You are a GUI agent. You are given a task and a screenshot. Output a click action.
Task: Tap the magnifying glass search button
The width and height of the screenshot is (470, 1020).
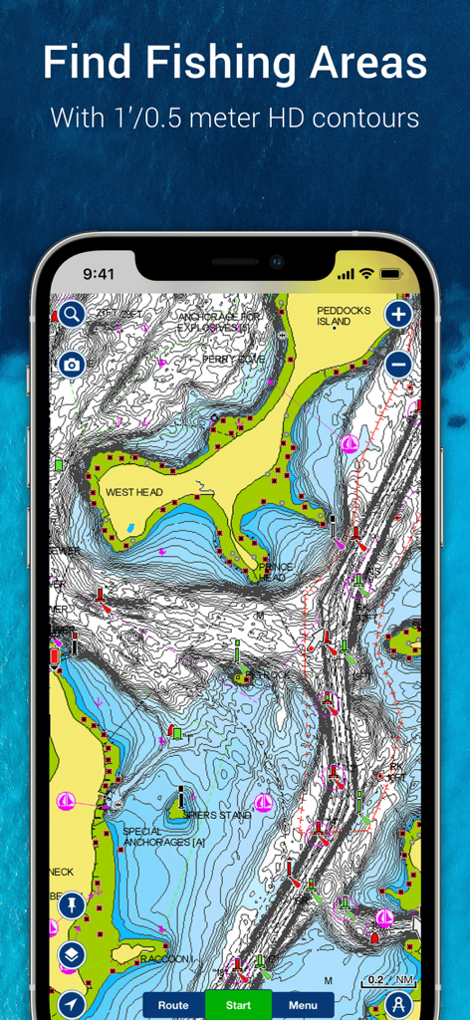click(x=71, y=315)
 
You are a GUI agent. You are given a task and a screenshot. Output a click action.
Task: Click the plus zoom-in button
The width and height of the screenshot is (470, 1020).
click(x=398, y=315)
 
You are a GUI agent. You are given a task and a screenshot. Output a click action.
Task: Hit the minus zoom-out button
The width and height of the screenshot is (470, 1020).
click(x=398, y=364)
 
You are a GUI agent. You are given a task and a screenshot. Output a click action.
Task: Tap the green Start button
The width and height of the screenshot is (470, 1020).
click(x=238, y=1004)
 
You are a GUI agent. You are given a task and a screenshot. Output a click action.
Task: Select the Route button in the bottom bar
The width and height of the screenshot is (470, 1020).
click(x=173, y=1004)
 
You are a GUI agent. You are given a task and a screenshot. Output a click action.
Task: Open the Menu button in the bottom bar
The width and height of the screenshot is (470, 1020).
click(x=303, y=1004)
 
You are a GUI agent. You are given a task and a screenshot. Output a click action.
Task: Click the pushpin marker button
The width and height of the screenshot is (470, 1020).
click(x=71, y=905)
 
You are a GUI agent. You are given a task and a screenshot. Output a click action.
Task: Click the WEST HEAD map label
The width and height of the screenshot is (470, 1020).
click(x=133, y=492)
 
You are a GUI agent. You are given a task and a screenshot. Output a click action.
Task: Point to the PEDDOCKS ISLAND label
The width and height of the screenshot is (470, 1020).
click(x=344, y=316)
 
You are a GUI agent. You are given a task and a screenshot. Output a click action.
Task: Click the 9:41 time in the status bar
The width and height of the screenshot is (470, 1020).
click(x=100, y=273)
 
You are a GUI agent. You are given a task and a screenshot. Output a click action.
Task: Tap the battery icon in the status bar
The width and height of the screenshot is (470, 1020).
click(x=390, y=273)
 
